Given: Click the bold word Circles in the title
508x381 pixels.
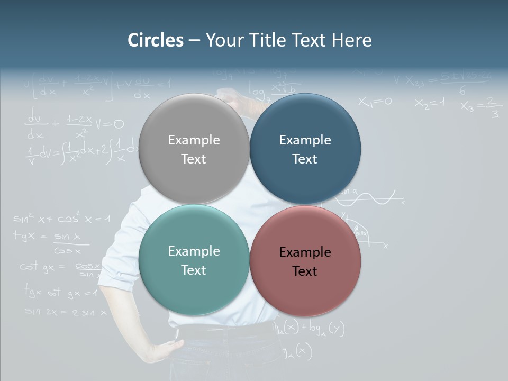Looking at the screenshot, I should (155, 40).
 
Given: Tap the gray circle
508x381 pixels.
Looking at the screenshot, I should (194, 149).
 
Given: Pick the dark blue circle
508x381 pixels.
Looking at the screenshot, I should (305, 149).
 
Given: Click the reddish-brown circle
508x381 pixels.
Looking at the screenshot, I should (305, 261).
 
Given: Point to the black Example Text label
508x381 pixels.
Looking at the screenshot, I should (305, 261).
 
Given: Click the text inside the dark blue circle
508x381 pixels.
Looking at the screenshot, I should (305, 149).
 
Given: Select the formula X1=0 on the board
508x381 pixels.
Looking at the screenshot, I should (375, 101).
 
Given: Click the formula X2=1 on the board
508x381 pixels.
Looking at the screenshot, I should (430, 103).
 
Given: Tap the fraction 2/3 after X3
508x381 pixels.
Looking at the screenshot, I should (493, 107).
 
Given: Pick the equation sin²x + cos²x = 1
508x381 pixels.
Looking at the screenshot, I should (61, 218).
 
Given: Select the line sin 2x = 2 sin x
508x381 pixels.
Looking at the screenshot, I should (66, 312).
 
